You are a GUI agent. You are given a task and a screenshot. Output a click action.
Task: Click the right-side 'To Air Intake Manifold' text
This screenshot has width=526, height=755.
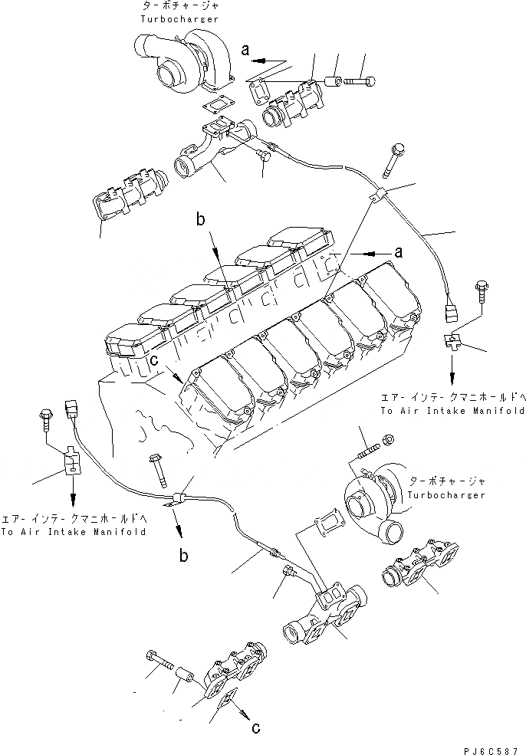pos(452,411)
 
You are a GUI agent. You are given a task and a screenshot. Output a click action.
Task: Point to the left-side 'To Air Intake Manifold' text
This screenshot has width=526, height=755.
pos(73,531)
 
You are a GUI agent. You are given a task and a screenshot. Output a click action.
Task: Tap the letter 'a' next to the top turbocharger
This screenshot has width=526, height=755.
pos(245,50)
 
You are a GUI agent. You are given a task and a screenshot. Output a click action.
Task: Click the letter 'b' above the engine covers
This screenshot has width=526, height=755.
pos(199,221)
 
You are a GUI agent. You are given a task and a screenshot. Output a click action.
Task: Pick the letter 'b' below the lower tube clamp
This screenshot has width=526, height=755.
pos(184,556)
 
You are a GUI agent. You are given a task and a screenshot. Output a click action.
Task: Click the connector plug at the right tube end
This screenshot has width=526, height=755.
pos(451,313)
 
